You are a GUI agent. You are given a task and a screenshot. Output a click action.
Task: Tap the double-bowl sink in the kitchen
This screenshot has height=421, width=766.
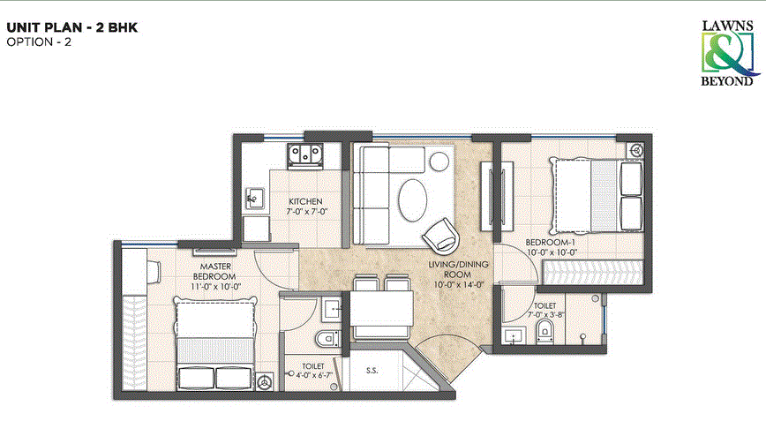point(304,155)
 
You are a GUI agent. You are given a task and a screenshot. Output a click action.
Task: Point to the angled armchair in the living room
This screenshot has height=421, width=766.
point(439,237)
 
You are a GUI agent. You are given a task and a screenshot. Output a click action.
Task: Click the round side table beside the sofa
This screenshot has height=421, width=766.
point(438,161)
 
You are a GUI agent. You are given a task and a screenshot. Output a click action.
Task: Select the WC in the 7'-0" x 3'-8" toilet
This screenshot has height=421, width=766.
point(543,330)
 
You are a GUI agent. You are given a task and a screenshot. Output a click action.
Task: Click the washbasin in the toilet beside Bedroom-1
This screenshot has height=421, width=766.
point(511,334)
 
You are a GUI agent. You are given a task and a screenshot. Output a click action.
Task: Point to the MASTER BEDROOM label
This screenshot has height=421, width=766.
point(215,270)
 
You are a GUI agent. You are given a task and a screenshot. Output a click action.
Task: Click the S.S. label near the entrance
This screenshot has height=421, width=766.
point(372,372)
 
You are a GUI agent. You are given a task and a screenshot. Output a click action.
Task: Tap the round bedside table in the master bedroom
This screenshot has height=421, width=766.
point(264,381)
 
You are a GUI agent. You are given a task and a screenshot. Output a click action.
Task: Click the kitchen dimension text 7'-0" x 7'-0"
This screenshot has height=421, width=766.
point(307,212)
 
